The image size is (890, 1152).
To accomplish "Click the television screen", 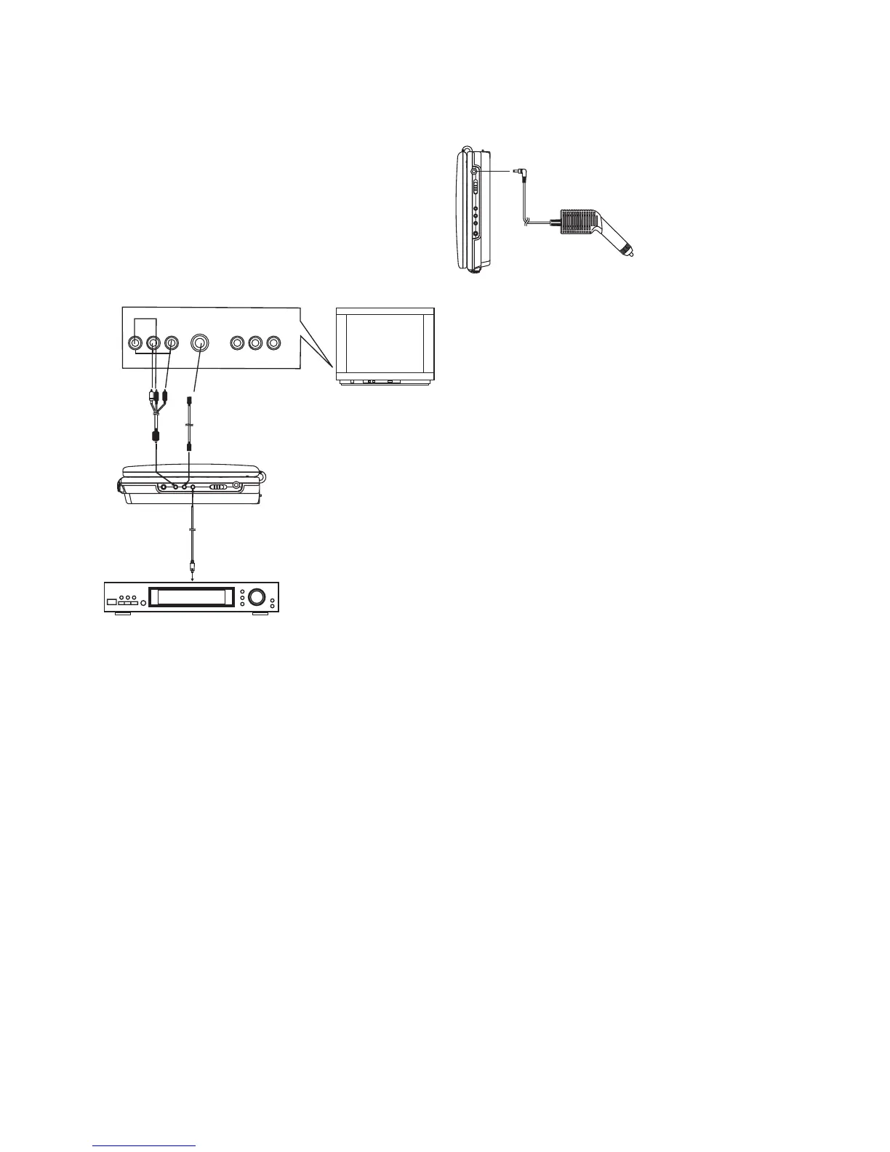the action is [x=385, y=340].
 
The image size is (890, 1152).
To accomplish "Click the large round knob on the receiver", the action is [x=256, y=597].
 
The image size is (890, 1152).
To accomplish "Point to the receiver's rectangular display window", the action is [x=193, y=597].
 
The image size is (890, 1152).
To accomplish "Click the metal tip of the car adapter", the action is [x=630, y=252].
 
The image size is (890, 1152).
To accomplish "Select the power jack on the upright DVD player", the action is [x=475, y=171].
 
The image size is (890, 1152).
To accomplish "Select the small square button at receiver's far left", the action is [x=111, y=601].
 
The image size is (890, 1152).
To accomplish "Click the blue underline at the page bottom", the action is [x=145, y=1146].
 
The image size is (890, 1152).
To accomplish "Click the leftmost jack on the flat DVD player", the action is [x=166, y=487].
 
